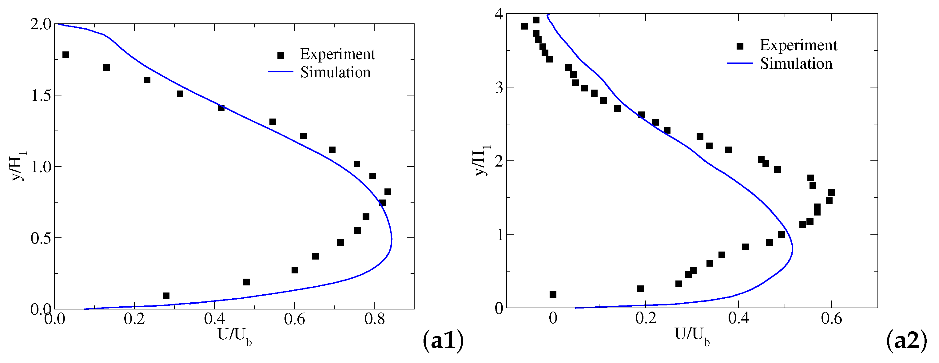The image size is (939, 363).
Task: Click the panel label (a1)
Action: [443, 341]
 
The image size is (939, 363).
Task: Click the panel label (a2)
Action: [906, 341]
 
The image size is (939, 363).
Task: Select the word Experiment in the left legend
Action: [337, 54]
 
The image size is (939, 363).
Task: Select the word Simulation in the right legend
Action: [796, 63]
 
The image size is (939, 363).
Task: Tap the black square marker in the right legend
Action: [740, 46]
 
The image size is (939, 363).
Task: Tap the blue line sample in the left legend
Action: [281, 72]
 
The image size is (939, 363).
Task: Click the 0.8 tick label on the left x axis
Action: [374, 319]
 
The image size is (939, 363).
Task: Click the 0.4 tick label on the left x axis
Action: [214, 319]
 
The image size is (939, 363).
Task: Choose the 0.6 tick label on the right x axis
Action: [831, 318]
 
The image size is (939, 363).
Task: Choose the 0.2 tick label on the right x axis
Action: [646, 318]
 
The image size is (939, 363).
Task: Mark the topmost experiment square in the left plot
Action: [66, 55]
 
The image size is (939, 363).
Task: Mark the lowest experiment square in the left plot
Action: [166, 296]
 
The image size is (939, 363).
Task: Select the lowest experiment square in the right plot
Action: [553, 295]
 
